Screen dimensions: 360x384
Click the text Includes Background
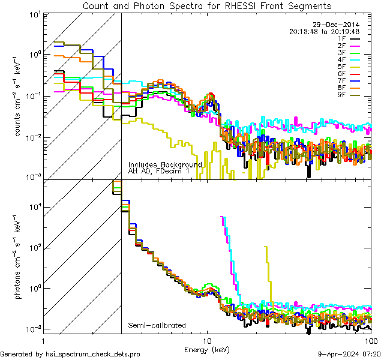click(165, 164)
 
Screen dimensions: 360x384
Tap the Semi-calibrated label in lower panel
click(157, 326)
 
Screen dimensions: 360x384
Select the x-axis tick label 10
click(208, 340)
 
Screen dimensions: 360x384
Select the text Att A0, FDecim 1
click(158, 171)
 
